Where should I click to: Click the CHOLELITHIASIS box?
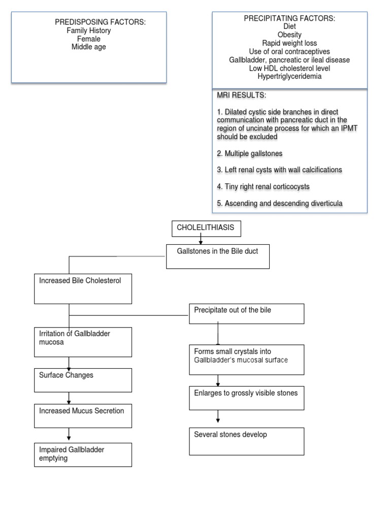[x=205, y=229]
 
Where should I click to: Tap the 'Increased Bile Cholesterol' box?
[x=83, y=288]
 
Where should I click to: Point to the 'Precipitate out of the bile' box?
[x=246, y=314]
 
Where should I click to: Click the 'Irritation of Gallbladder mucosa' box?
[x=83, y=342]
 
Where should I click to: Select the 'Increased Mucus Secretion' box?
[x=83, y=416]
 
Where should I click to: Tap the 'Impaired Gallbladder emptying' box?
[x=83, y=454]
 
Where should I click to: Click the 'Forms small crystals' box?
[x=246, y=360]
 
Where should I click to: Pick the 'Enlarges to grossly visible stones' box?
[x=246, y=398]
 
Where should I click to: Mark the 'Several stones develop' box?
[x=246, y=441]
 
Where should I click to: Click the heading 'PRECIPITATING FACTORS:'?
[x=289, y=19]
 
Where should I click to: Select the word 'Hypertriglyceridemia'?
[x=289, y=77]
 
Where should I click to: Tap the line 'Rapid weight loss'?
[x=289, y=43]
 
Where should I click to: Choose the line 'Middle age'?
[x=89, y=47]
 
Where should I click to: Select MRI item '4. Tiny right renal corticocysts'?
[x=263, y=186]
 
